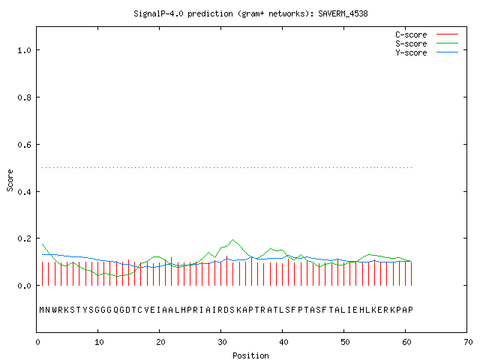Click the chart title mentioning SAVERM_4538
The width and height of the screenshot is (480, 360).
[x=250, y=13]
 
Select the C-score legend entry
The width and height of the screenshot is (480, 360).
[x=427, y=34]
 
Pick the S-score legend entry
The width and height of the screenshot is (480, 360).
[x=427, y=43]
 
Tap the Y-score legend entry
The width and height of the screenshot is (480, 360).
[x=427, y=52]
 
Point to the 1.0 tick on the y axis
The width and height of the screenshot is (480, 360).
[x=24, y=50]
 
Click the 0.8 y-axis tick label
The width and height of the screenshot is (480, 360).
[x=24, y=97]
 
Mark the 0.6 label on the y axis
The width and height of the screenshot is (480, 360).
[x=24, y=145]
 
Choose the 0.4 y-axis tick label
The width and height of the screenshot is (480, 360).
[x=24, y=192]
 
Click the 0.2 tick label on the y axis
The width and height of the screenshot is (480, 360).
[x=24, y=238]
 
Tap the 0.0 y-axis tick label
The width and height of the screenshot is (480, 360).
[x=24, y=286]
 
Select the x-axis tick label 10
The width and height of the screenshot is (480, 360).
[x=98, y=342]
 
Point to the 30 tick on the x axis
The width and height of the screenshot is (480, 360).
[x=222, y=342]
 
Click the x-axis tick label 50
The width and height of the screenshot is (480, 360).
[x=345, y=342]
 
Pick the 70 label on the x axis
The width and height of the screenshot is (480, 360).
[x=468, y=342]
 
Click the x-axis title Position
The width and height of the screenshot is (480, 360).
[x=250, y=355]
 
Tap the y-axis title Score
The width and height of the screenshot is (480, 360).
[x=10, y=180]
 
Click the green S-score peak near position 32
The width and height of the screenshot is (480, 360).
[x=233, y=240]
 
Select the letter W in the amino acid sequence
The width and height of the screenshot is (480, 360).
[x=55, y=310]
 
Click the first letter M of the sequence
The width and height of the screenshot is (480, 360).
[x=42, y=310]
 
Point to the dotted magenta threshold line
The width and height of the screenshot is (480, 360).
[x=226, y=167]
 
